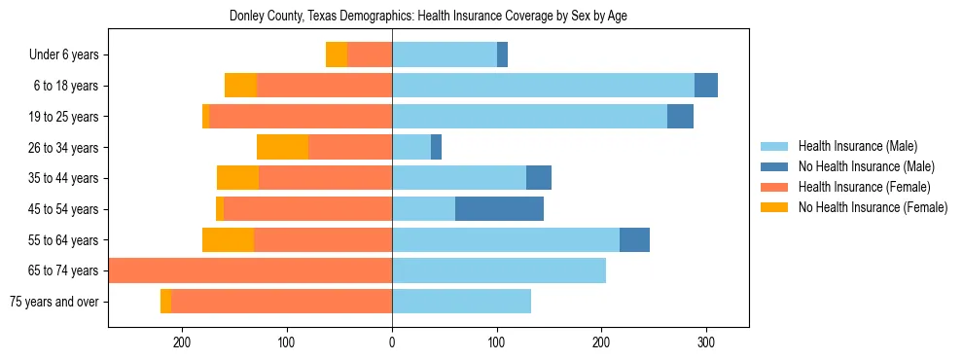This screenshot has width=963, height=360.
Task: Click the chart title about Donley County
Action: [x=428, y=17]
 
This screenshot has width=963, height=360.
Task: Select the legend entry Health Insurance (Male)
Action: [x=857, y=147]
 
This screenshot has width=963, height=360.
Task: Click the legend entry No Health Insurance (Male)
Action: [x=866, y=166]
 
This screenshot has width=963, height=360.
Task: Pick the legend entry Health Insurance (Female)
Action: [x=864, y=187]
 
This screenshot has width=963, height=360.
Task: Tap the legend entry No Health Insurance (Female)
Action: [x=873, y=206]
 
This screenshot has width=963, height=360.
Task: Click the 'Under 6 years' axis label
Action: [x=63, y=55]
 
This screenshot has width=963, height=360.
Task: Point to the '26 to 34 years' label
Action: [x=63, y=148]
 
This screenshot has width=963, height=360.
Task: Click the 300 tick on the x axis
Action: [x=706, y=342]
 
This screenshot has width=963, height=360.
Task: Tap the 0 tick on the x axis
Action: [x=392, y=342]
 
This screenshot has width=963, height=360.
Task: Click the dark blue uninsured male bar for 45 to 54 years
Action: [x=499, y=208]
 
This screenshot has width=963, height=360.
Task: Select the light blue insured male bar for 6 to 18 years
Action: [x=543, y=86]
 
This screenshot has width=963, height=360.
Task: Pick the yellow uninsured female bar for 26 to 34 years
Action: [x=282, y=147]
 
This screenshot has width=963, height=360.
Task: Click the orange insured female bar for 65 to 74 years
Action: [x=250, y=270]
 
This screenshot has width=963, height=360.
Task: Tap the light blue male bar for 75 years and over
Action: [x=461, y=302]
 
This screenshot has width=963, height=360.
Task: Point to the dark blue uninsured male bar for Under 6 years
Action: [x=502, y=55]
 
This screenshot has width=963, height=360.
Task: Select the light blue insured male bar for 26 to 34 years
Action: [x=411, y=147]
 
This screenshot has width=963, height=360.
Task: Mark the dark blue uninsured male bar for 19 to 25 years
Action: [x=680, y=117]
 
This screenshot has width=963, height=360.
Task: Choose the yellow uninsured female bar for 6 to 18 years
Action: [x=240, y=86]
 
